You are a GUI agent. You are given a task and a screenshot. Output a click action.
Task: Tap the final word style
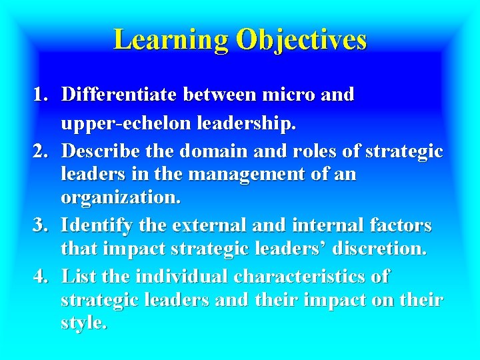point(83,323)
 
